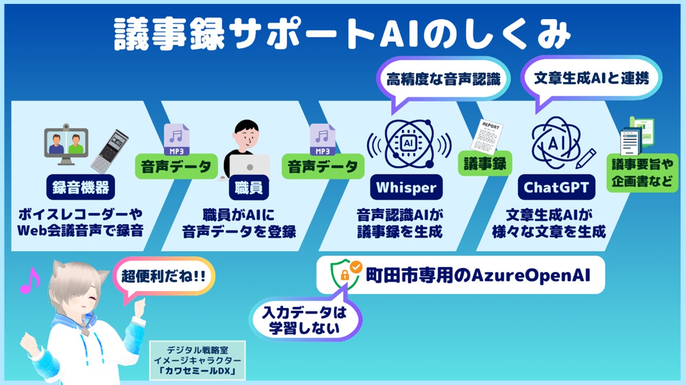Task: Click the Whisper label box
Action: pyautogui.click(x=406, y=187)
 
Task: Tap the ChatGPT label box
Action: pyautogui.click(x=557, y=187)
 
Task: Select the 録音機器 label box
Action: pyautogui.click(x=81, y=187)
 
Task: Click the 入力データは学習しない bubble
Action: pyautogui.click(x=305, y=321)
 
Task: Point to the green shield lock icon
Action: pyautogui.click(x=345, y=274)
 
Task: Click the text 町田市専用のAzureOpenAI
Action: pyautogui.click(x=478, y=276)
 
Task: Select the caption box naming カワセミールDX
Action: pyautogui.click(x=198, y=359)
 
